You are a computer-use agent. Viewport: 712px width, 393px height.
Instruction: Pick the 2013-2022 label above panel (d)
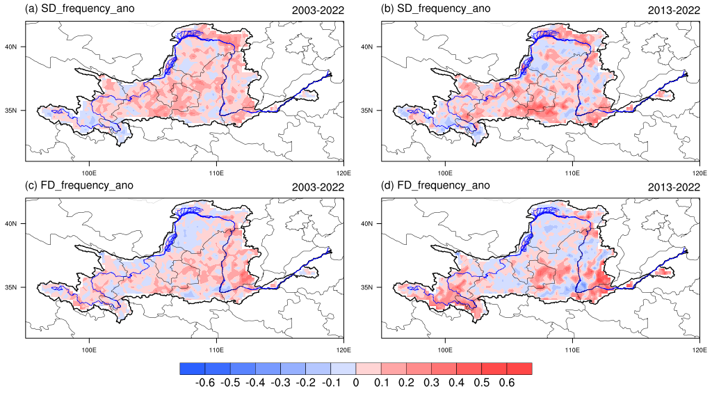pos(670,186)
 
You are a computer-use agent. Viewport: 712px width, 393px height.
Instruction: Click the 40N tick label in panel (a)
pos(17,47)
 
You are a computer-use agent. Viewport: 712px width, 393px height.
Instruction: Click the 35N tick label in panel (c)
pos(17,287)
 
